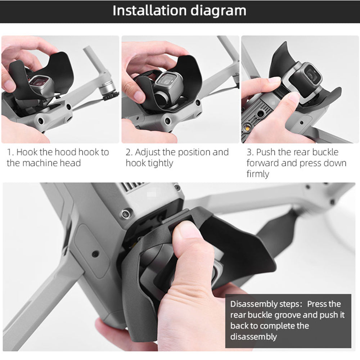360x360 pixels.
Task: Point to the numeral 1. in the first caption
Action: click(x=10, y=152)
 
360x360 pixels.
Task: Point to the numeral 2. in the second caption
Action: click(x=129, y=152)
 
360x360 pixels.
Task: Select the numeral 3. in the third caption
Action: click(x=250, y=152)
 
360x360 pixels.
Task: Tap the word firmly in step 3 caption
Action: click(x=258, y=174)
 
